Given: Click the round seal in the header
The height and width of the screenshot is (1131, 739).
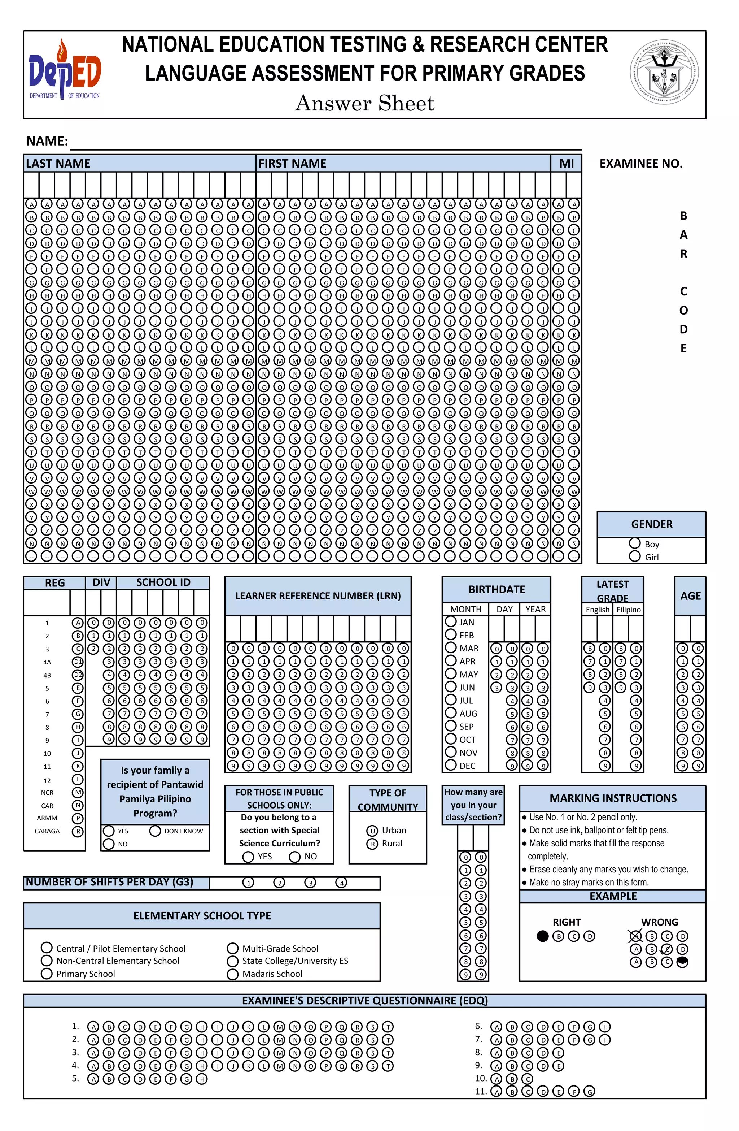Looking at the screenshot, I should [664, 71].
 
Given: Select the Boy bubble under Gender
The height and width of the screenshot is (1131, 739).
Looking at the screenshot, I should [634, 543].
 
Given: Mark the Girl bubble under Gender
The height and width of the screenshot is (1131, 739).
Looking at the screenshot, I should [634, 556].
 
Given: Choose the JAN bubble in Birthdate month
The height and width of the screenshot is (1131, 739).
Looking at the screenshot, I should [451, 621].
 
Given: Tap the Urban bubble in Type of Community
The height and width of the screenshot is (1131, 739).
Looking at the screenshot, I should [372, 831].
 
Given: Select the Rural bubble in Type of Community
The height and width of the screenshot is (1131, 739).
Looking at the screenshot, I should [372, 844].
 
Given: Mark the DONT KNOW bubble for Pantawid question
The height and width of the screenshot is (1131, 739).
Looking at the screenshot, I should [155, 831].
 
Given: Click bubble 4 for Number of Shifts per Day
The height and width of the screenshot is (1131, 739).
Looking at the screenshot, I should [341, 883].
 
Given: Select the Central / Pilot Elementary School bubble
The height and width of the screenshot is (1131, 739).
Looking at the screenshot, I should [47, 948].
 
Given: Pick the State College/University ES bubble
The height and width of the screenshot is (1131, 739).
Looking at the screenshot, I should [233, 961].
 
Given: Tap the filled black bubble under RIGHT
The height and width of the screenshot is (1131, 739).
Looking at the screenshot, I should [542, 936].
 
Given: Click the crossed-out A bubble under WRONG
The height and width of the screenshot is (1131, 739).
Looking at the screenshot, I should [635, 936].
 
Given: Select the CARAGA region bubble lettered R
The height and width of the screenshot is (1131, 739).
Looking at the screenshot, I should [78, 831].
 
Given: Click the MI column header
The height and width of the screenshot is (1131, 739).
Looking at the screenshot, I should [566, 164].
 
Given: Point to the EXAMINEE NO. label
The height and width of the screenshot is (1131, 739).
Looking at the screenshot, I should [641, 164].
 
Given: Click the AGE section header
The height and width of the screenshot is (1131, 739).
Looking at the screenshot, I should [690, 596].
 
